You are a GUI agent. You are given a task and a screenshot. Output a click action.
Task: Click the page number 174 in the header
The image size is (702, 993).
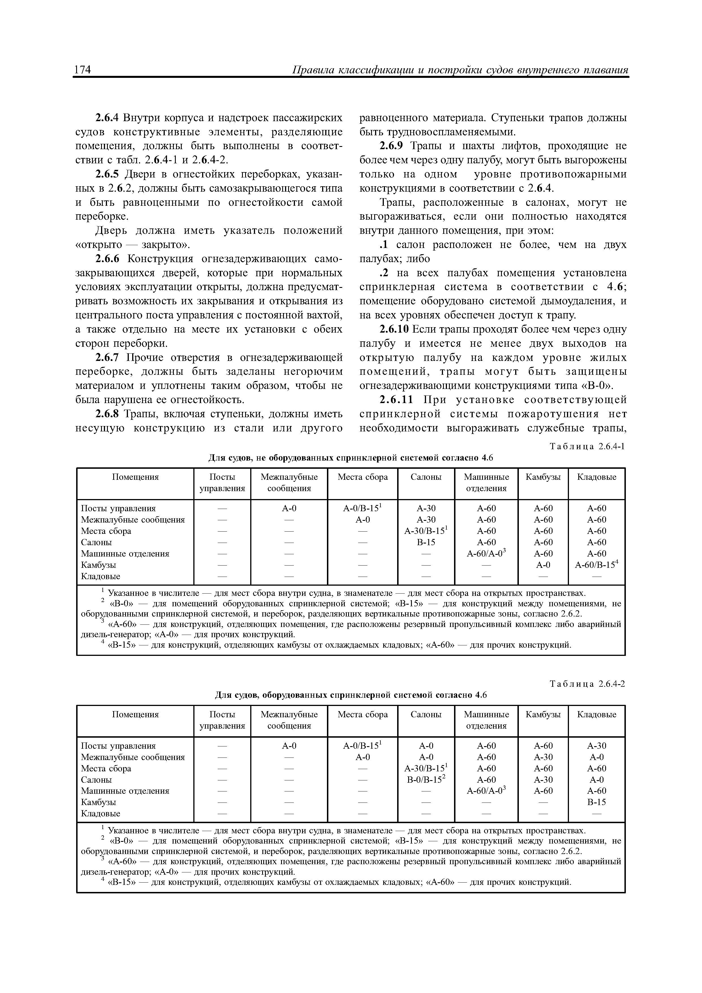click(x=82, y=70)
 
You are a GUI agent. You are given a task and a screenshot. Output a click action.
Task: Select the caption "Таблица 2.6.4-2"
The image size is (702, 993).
click(x=587, y=684)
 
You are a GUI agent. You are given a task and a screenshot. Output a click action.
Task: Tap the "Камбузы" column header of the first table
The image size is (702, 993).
click(x=543, y=477)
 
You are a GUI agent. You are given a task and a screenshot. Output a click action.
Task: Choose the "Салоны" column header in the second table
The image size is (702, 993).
click(x=426, y=714)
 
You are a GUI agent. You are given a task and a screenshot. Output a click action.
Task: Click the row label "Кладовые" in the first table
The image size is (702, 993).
click(x=101, y=576)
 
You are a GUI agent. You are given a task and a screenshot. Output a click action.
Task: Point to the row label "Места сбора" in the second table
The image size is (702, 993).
click(x=106, y=769)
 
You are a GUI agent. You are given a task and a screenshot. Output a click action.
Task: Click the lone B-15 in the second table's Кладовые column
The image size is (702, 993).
click(x=596, y=802)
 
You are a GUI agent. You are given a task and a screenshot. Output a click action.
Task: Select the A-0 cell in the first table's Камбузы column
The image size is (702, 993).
click(x=543, y=565)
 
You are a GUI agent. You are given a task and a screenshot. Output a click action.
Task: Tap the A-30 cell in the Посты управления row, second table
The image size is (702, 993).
click(x=596, y=746)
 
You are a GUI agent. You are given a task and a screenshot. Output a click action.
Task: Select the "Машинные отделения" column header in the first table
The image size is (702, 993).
click(x=486, y=483)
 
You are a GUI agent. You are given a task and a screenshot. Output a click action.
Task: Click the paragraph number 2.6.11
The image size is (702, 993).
click(x=397, y=400)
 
